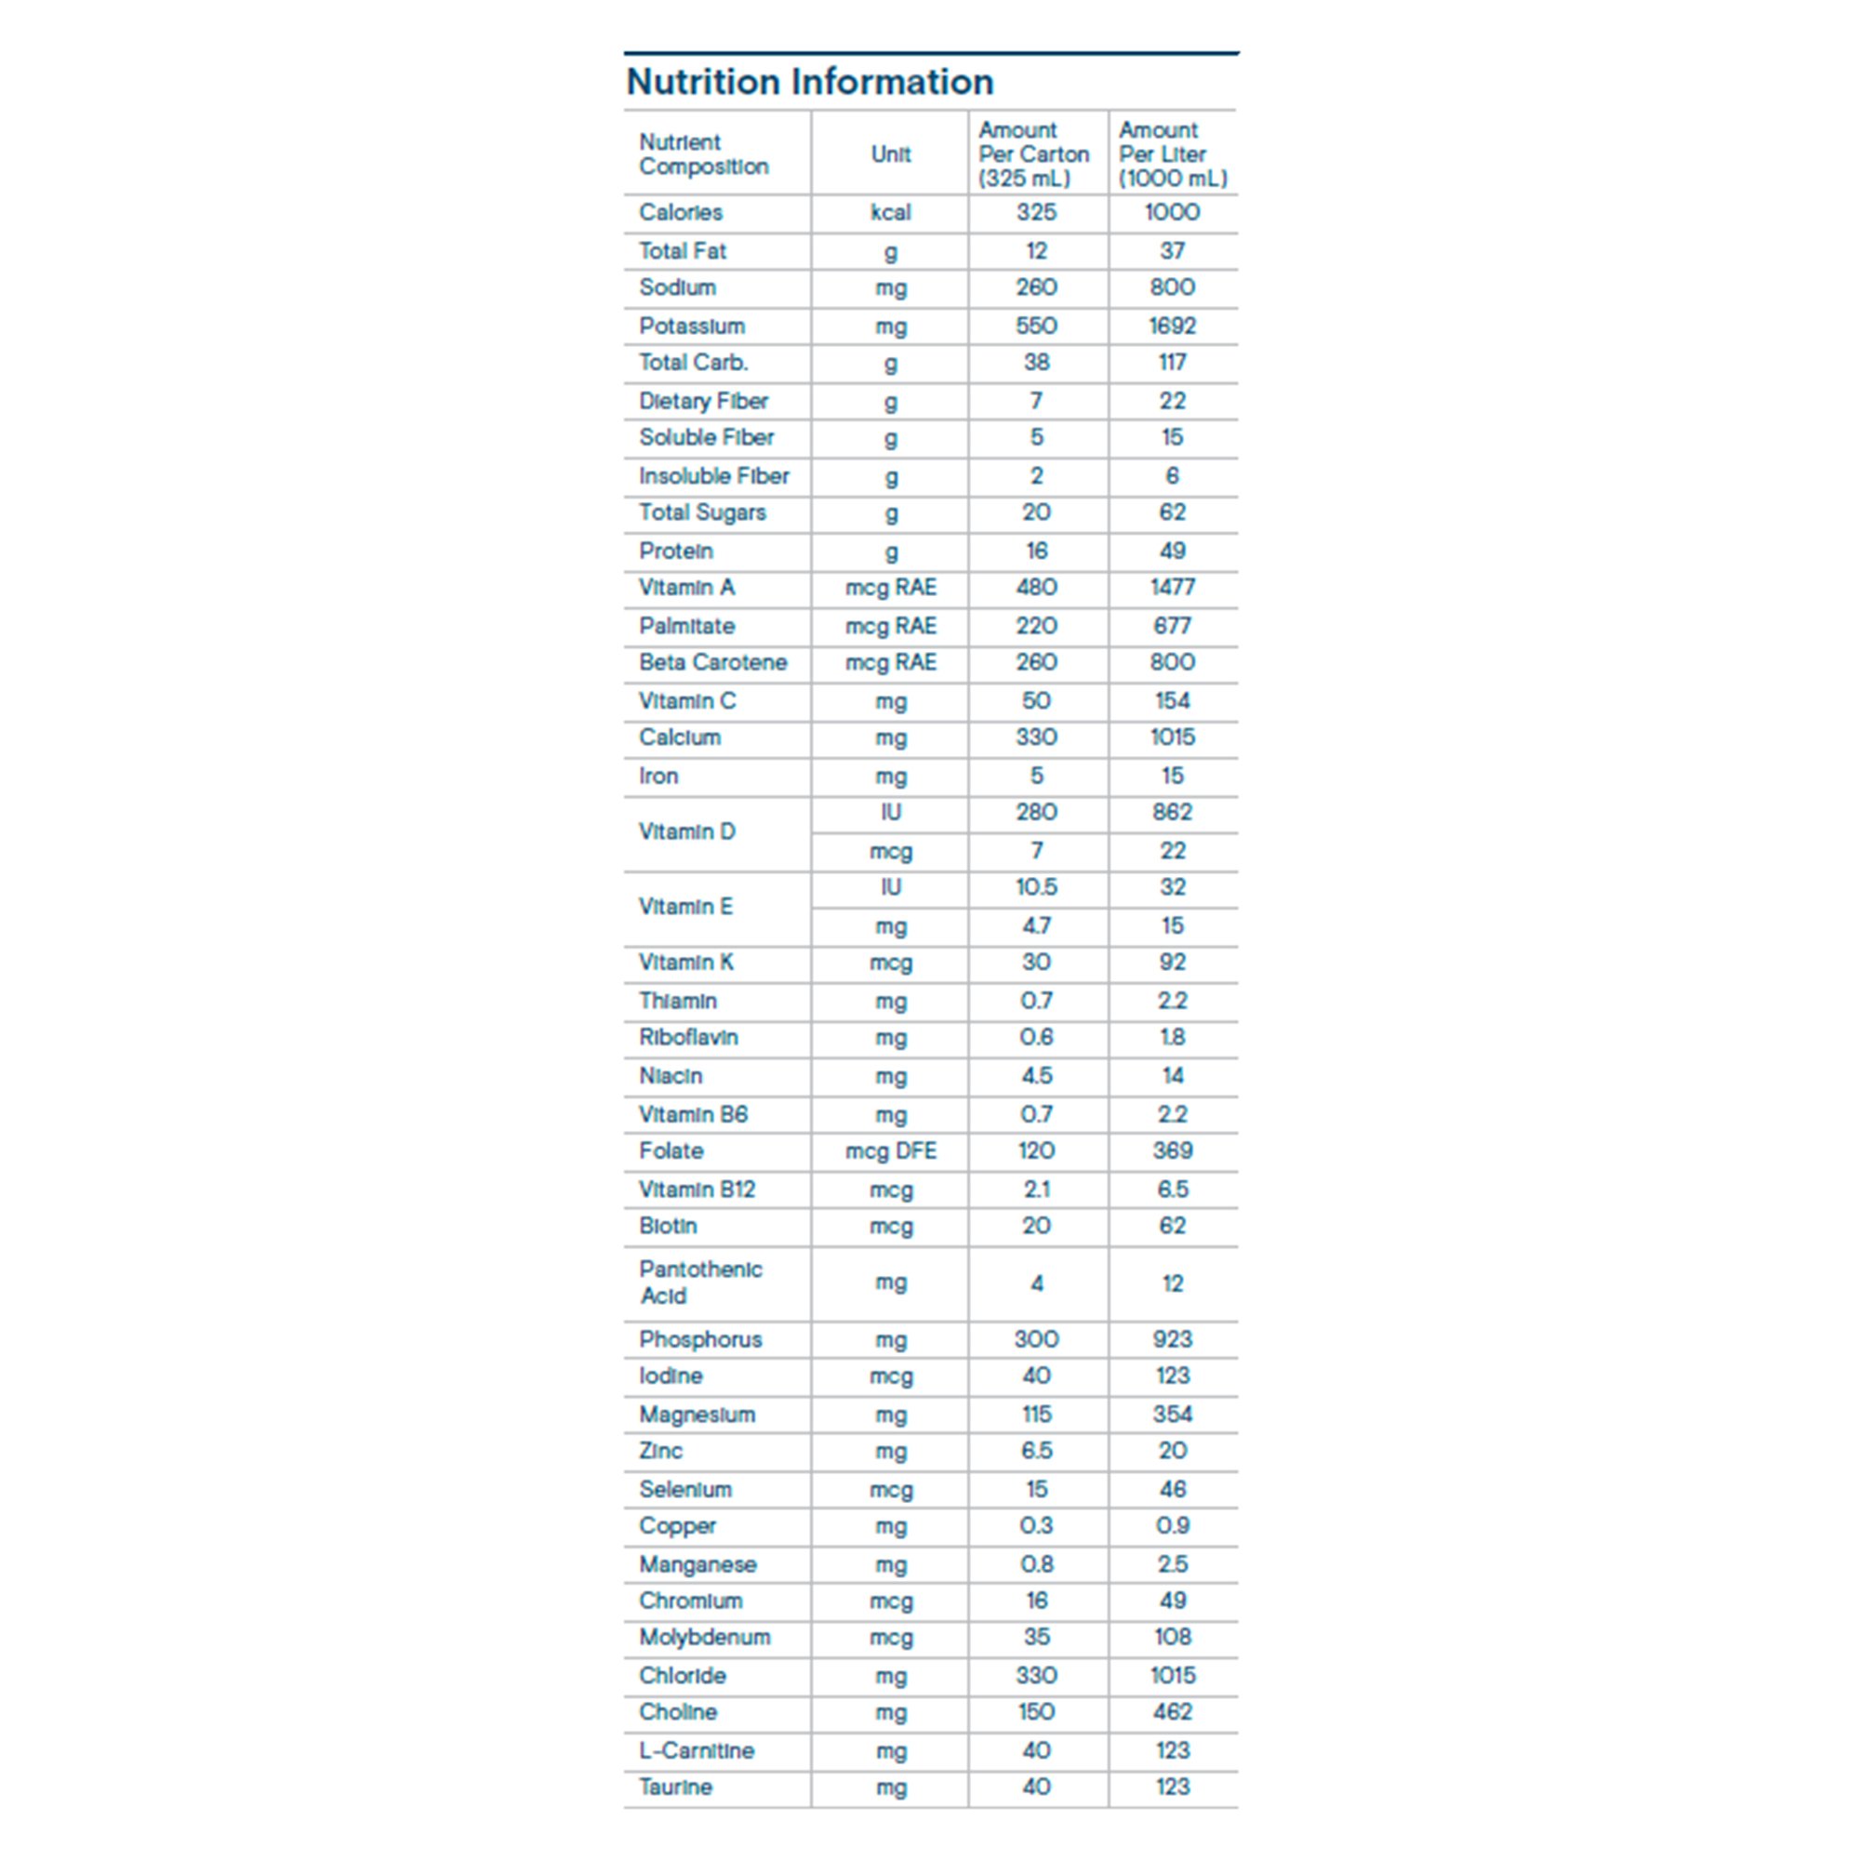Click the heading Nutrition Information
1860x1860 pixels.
tap(810, 82)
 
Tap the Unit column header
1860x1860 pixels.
tap(891, 154)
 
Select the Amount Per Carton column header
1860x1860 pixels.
tap(1033, 154)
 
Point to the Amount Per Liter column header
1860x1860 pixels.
tap(1172, 154)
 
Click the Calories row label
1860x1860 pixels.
tap(681, 213)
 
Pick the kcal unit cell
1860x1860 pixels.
tap(891, 213)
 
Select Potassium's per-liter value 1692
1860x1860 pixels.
tap(1172, 326)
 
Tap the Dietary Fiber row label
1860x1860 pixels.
tap(704, 402)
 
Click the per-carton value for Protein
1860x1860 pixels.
tap(1036, 551)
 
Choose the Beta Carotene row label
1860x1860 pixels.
tap(712, 663)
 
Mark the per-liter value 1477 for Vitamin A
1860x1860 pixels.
tap(1172, 589)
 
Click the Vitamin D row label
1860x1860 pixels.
tap(687, 831)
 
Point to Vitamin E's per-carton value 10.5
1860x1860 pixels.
tap(1036, 887)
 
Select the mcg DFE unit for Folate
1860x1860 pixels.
tap(891, 1151)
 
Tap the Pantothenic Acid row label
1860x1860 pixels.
tap(700, 1282)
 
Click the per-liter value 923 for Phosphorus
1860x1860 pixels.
tap(1172, 1340)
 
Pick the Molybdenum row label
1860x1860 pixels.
tap(705, 1638)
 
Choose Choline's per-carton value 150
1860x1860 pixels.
tap(1036, 1713)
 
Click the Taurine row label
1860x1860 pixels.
tap(676, 1787)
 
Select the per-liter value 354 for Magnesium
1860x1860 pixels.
tap(1172, 1415)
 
